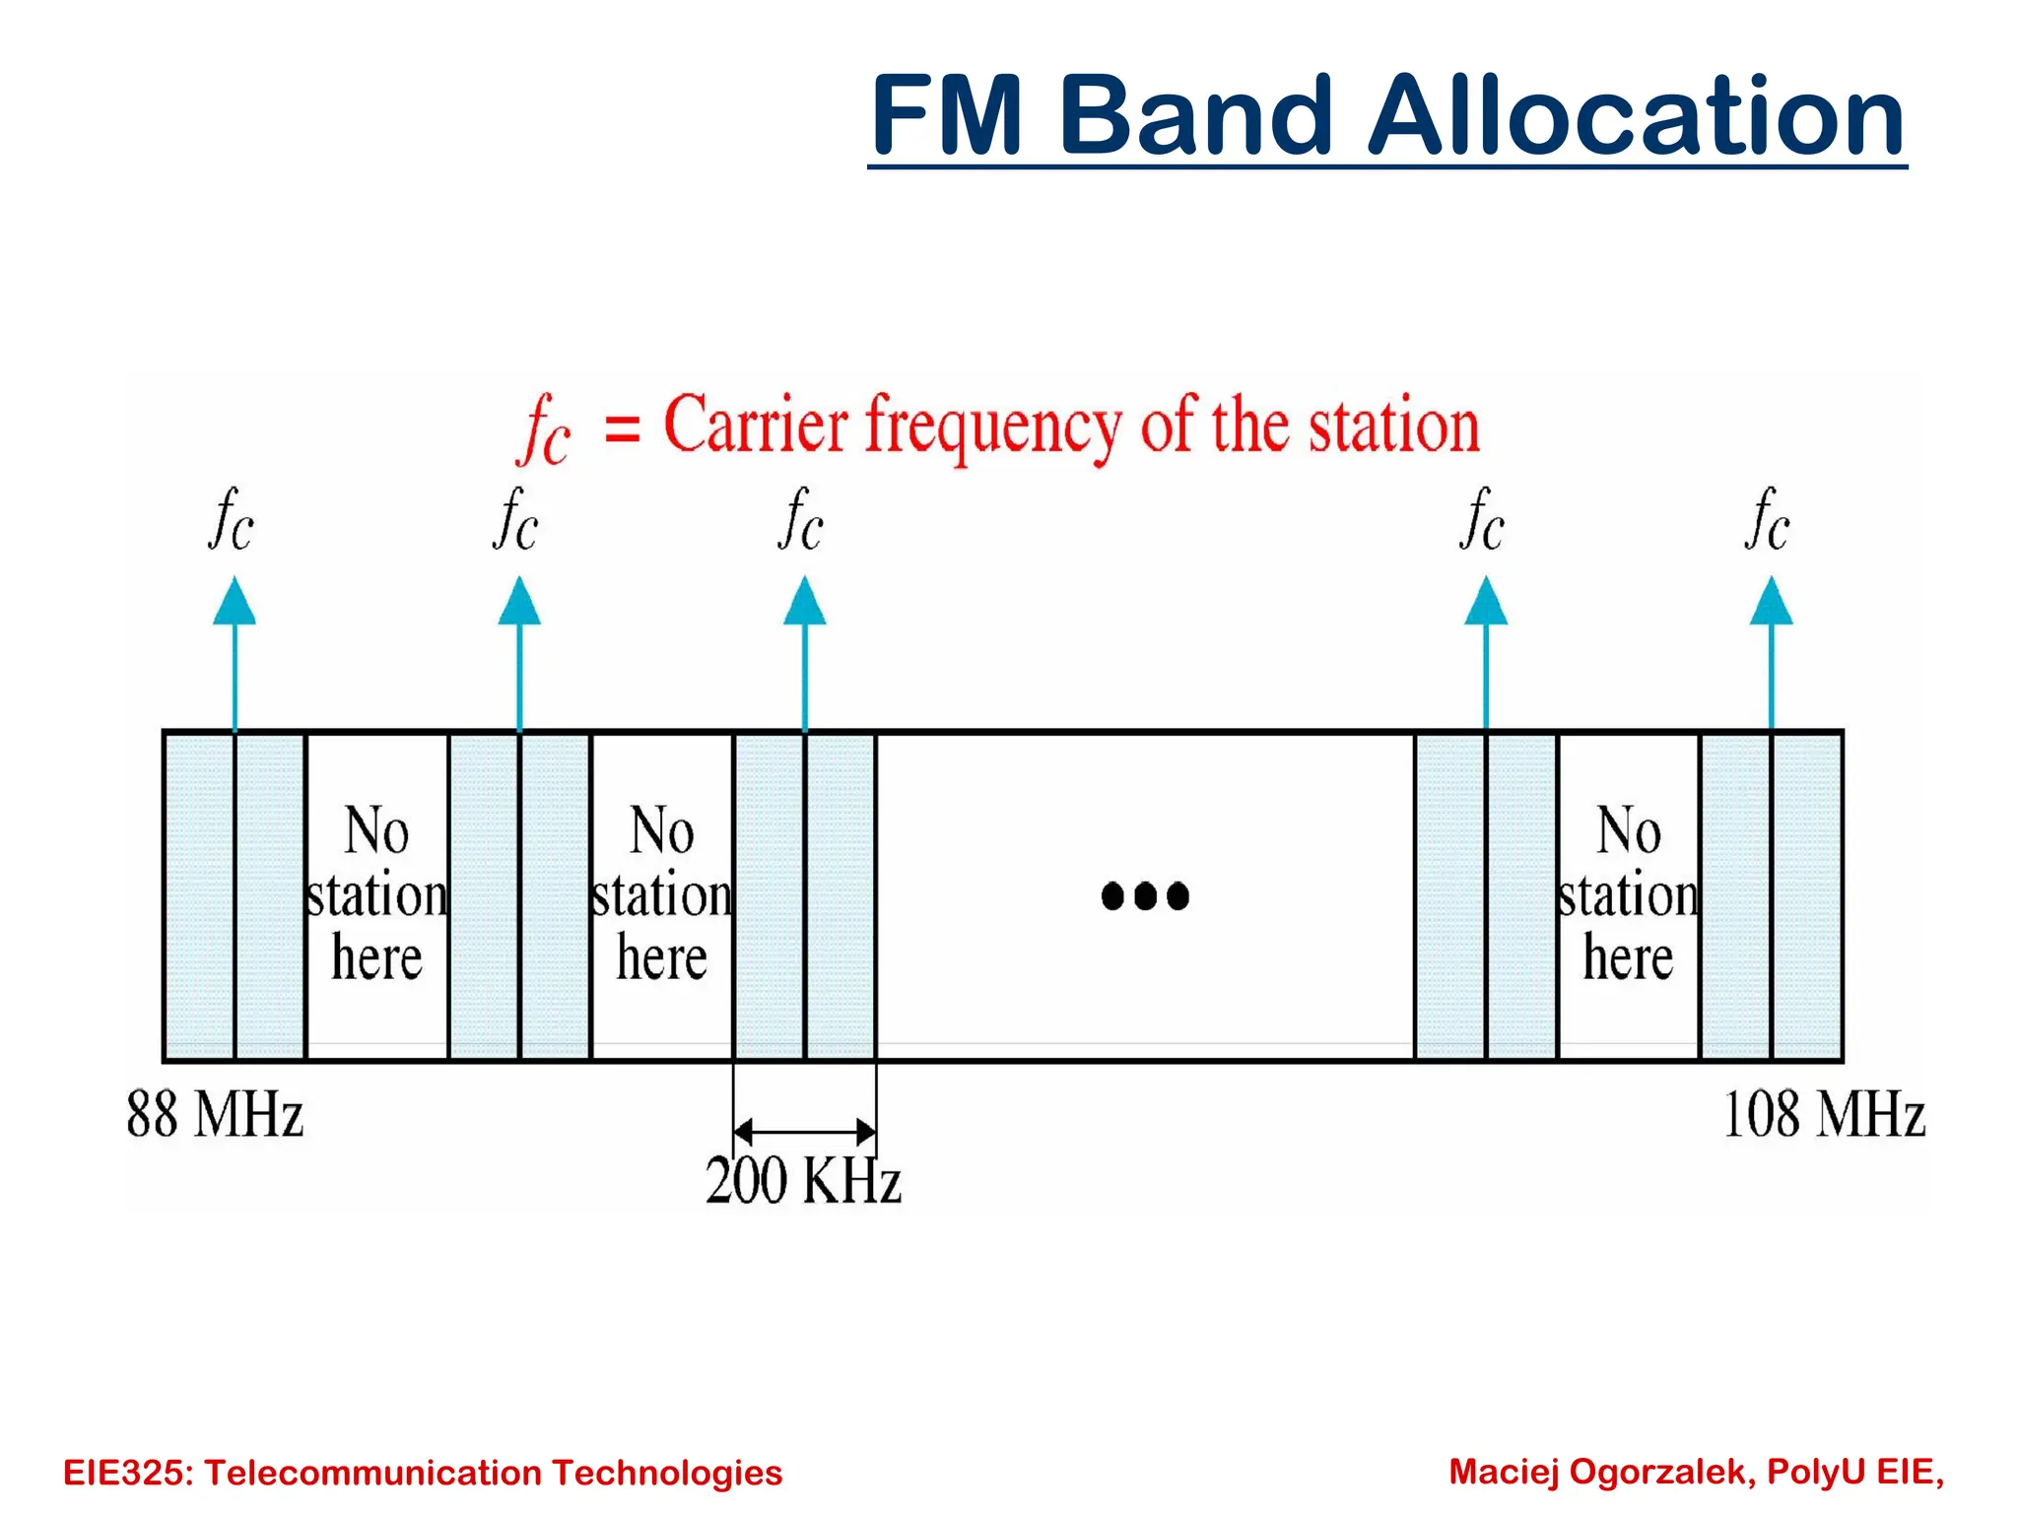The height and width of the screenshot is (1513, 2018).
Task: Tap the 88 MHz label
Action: [x=215, y=1115]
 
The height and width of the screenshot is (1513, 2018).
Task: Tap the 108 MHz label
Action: [x=1824, y=1115]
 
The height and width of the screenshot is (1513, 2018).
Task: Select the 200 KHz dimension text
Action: [x=803, y=1180]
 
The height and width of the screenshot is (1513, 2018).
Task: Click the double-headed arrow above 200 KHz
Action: [x=804, y=1131]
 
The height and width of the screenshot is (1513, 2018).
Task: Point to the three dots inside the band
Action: [x=1145, y=895]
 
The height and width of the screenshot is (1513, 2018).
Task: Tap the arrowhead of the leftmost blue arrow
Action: [x=235, y=602]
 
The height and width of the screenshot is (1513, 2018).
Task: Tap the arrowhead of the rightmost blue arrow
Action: [x=1771, y=602]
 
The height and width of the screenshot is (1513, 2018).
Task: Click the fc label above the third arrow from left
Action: [x=800, y=520]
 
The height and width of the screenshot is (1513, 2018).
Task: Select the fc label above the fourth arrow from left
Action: [x=1482, y=520]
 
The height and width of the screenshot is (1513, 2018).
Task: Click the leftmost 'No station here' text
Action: [x=376, y=894]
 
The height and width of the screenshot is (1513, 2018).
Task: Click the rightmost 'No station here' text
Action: [x=1628, y=894]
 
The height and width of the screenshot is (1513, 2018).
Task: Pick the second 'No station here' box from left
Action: [x=661, y=894]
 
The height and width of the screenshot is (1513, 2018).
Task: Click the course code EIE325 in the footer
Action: [x=127, y=1473]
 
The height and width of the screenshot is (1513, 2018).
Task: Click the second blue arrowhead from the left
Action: [x=519, y=602]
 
